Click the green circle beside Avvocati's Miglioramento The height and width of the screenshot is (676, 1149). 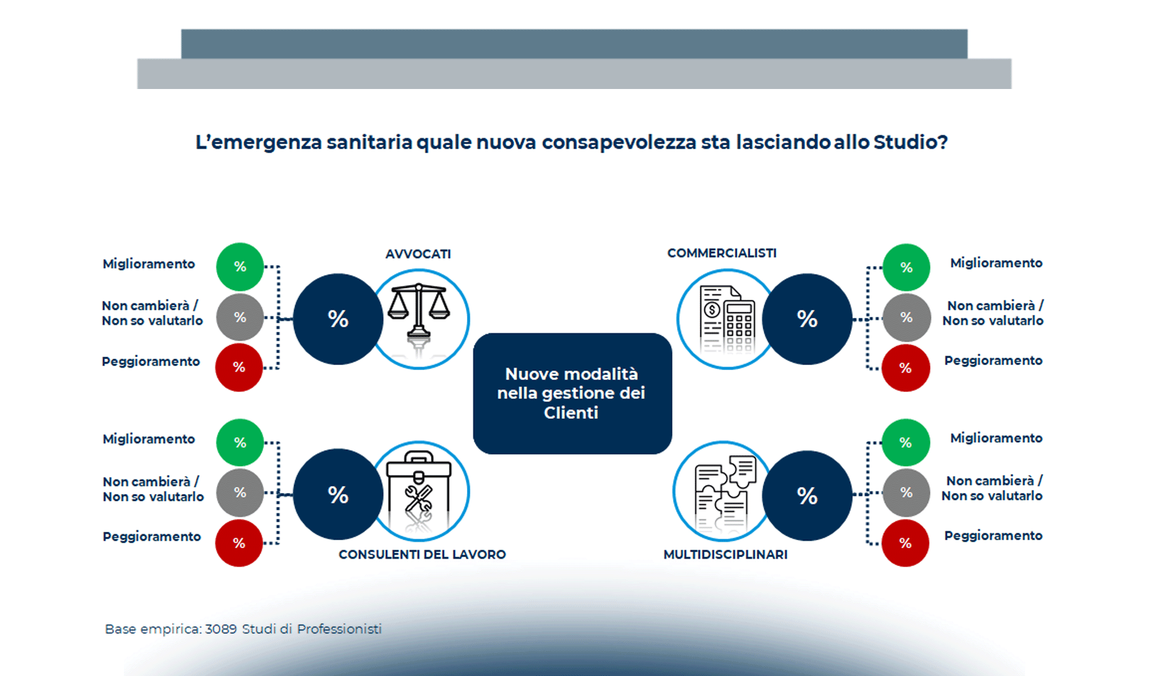[x=240, y=266]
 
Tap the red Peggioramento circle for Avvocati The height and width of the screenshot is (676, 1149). [x=239, y=367]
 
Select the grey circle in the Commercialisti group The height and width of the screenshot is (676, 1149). [x=906, y=317]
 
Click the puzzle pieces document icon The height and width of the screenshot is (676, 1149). [x=724, y=491]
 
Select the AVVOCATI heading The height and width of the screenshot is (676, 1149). [x=418, y=254]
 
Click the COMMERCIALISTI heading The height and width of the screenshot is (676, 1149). [x=722, y=253]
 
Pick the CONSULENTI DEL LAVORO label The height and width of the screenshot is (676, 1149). [x=422, y=554]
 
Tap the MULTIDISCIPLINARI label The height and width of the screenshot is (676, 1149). [x=725, y=554]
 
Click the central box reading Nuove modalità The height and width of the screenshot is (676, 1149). [x=572, y=393]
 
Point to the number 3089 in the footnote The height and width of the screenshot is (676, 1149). [x=221, y=629]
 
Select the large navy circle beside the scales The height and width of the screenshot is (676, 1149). [x=338, y=319]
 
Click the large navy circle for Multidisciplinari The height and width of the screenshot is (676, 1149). [x=807, y=496]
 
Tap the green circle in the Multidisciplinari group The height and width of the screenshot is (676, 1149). [x=906, y=442]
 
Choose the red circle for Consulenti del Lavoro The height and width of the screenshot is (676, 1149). [x=239, y=543]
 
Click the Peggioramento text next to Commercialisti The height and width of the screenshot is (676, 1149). [x=993, y=361]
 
